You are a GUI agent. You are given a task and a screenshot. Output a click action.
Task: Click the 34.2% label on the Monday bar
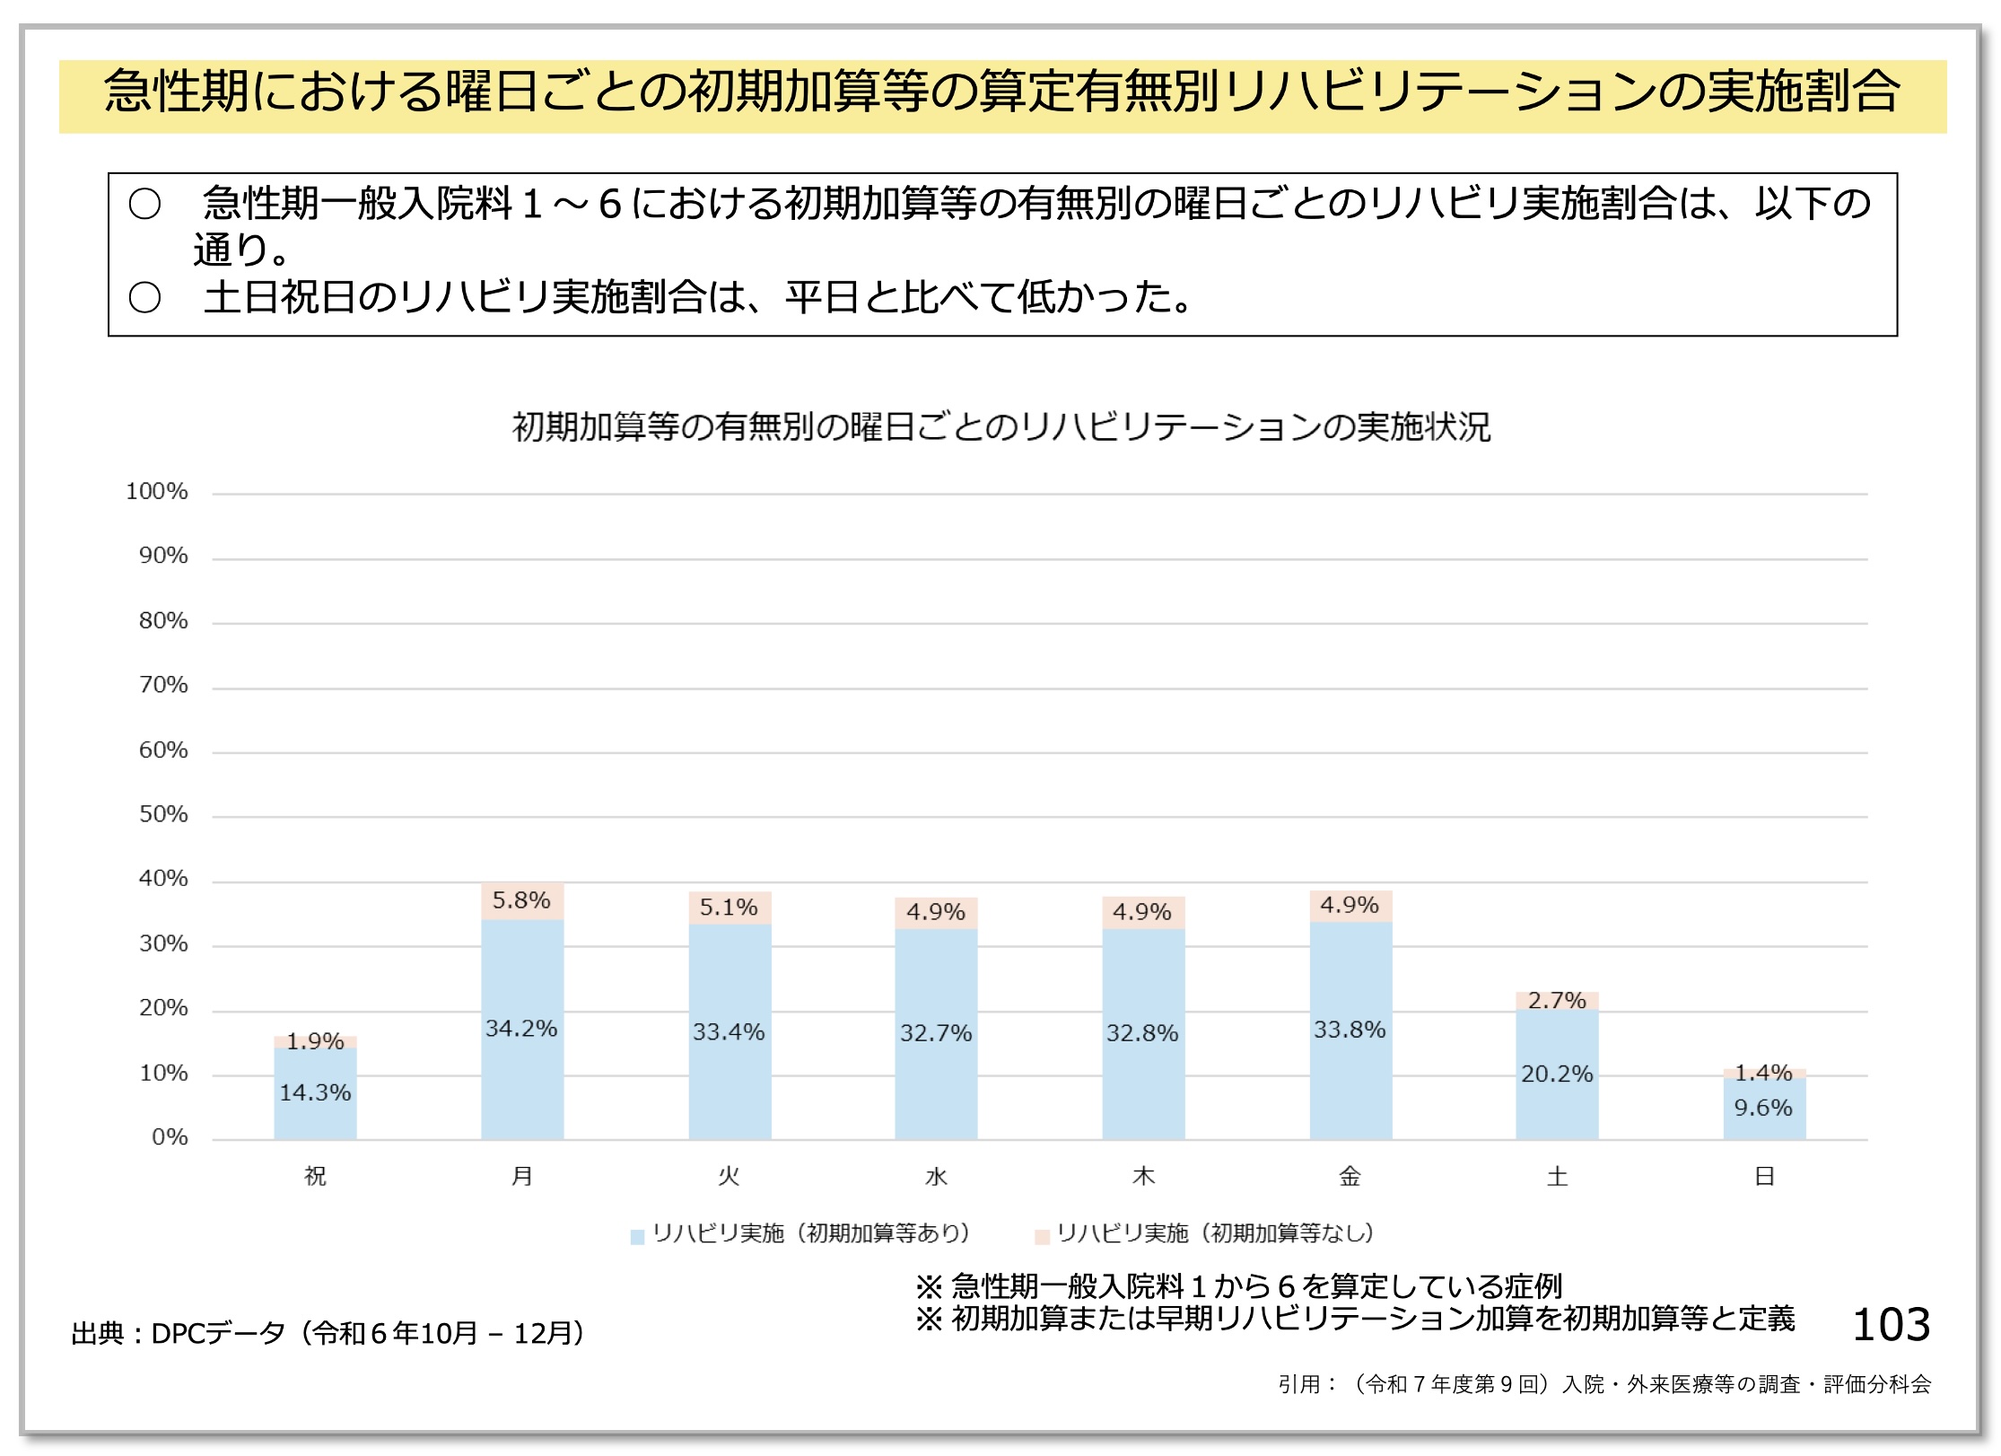pyautogui.click(x=521, y=1028)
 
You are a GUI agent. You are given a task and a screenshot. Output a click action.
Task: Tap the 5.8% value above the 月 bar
pyautogui.click(x=521, y=899)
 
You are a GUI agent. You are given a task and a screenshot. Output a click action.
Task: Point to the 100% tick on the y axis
pyautogui.click(x=157, y=492)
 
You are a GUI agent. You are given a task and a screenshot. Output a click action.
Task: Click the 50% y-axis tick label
pyautogui.click(x=163, y=814)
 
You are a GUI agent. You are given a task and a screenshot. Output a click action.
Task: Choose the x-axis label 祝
pyautogui.click(x=315, y=1176)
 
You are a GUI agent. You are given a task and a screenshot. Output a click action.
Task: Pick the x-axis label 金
pyautogui.click(x=1350, y=1176)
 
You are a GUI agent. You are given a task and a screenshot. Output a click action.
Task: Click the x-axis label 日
pyautogui.click(x=1764, y=1176)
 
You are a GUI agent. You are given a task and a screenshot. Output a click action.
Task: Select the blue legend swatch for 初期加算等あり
pyautogui.click(x=637, y=1237)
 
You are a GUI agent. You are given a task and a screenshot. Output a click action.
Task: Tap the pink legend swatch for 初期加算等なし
pyautogui.click(x=1042, y=1237)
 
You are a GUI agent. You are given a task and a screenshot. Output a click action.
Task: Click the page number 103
pyautogui.click(x=1892, y=1325)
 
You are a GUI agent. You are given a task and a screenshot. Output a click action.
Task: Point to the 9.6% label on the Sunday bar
pyautogui.click(x=1763, y=1108)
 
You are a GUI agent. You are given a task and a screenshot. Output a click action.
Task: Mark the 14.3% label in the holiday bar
pyautogui.click(x=315, y=1092)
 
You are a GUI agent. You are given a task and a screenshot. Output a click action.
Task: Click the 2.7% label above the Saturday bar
pyautogui.click(x=1557, y=1000)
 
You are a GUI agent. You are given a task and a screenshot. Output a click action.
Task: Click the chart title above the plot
pyautogui.click(x=1000, y=426)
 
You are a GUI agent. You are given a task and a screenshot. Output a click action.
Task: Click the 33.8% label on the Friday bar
pyautogui.click(x=1350, y=1030)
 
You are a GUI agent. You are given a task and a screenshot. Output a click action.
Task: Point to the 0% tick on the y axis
pyautogui.click(x=170, y=1137)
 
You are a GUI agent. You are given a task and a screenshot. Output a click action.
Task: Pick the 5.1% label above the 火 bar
pyautogui.click(x=729, y=908)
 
